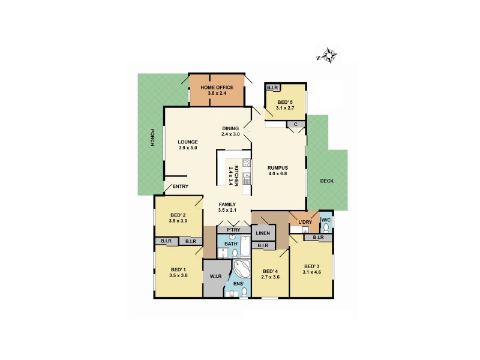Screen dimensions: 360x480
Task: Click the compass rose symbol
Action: [328, 56]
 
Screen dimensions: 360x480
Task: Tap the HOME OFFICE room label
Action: [217, 88]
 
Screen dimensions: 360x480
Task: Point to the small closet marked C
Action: [295, 125]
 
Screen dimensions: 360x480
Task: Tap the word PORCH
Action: [152, 137]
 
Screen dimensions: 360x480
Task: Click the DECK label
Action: [326, 181]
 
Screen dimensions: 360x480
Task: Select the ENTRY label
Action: [181, 186]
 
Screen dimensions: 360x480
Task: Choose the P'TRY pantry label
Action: [230, 230]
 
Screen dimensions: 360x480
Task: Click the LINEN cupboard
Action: [262, 233]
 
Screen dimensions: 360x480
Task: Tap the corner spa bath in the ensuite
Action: [242, 269]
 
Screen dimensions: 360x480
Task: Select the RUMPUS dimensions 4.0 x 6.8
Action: [278, 175]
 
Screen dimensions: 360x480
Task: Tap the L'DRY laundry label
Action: [304, 223]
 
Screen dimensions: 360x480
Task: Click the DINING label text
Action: [230, 128]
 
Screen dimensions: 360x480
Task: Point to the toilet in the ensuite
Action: [244, 292]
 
